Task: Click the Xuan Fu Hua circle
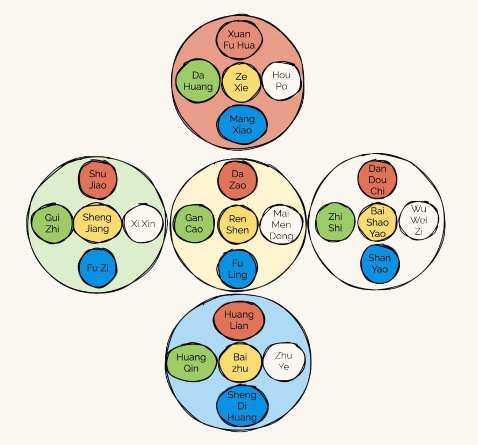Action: pyautogui.click(x=239, y=39)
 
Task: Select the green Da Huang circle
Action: pyautogui.click(x=198, y=81)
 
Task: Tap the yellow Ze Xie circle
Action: pyautogui.click(x=241, y=82)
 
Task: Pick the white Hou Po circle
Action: pyautogui.click(x=281, y=80)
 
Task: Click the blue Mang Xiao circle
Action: pyautogui.click(x=242, y=124)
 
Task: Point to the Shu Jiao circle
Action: pyautogui.click(x=98, y=179)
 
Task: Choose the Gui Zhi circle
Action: pyautogui.click(x=52, y=223)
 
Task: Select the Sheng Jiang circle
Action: pyautogui.click(x=97, y=223)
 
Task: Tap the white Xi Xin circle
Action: pyautogui.click(x=143, y=223)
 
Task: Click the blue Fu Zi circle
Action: pyautogui.click(x=98, y=268)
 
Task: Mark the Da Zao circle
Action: pyautogui.click(x=237, y=180)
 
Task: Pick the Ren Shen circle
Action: pyautogui.click(x=237, y=224)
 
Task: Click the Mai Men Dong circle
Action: pyautogui.click(x=281, y=224)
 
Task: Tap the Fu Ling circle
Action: pyautogui.click(x=237, y=269)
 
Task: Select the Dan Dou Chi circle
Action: pyautogui.click(x=377, y=180)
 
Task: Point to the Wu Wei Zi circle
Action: pyautogui.click(x=419, y=220)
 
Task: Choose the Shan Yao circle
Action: pyautogui.click(x=379, y=263)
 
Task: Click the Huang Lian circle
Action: pyautogui.click(x=239, y=320)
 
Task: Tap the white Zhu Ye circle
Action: pyautogui.click(x=283, y=361)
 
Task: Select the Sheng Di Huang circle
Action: pyautogui.click(x=242, y=406)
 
